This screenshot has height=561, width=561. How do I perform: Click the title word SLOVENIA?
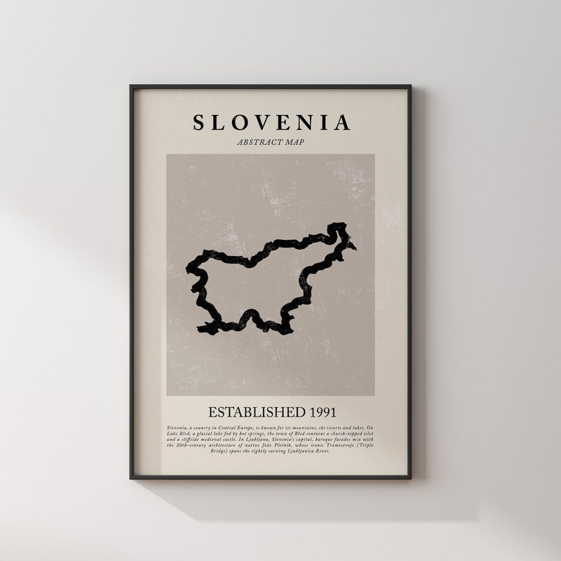pyautogui.click(x=271, y=123)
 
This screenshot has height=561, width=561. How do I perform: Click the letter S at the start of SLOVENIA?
pyautogui.click(x=199, y=123)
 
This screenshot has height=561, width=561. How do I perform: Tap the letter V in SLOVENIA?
pyautogui.click(x=261, y=123)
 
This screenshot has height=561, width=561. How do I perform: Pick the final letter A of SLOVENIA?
pyautogui.click(x=342, y=123)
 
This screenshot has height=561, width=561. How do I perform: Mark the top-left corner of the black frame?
pyautogui.click(x=131, y=87)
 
